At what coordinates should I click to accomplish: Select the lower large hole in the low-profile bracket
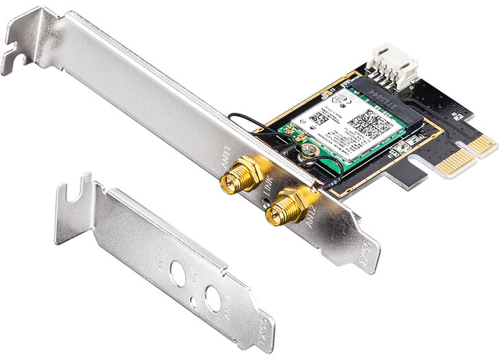click(214, 298)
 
